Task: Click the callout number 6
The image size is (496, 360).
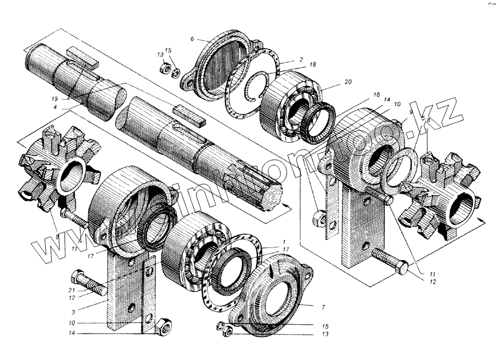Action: click(192, 39)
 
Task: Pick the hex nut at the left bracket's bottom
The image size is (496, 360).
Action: click(163, 327)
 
